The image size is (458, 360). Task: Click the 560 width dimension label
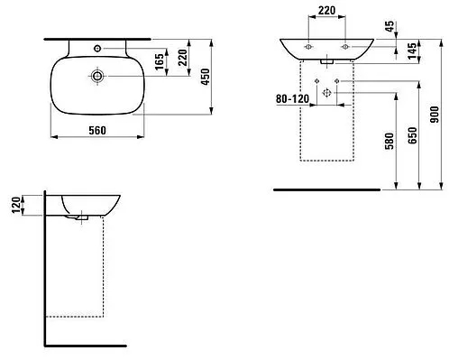[97, 131]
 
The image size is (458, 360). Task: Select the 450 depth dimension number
[206, 77]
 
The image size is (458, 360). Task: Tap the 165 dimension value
[160, 61]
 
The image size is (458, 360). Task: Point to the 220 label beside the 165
[182, 58]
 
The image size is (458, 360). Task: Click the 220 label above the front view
[326, 11]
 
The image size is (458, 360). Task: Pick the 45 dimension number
[389, 26]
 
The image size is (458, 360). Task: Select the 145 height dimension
[412, 51]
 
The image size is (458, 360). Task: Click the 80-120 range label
[292, 98]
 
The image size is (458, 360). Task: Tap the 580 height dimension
[389, 141]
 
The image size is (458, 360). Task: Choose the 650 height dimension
[413, 135]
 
